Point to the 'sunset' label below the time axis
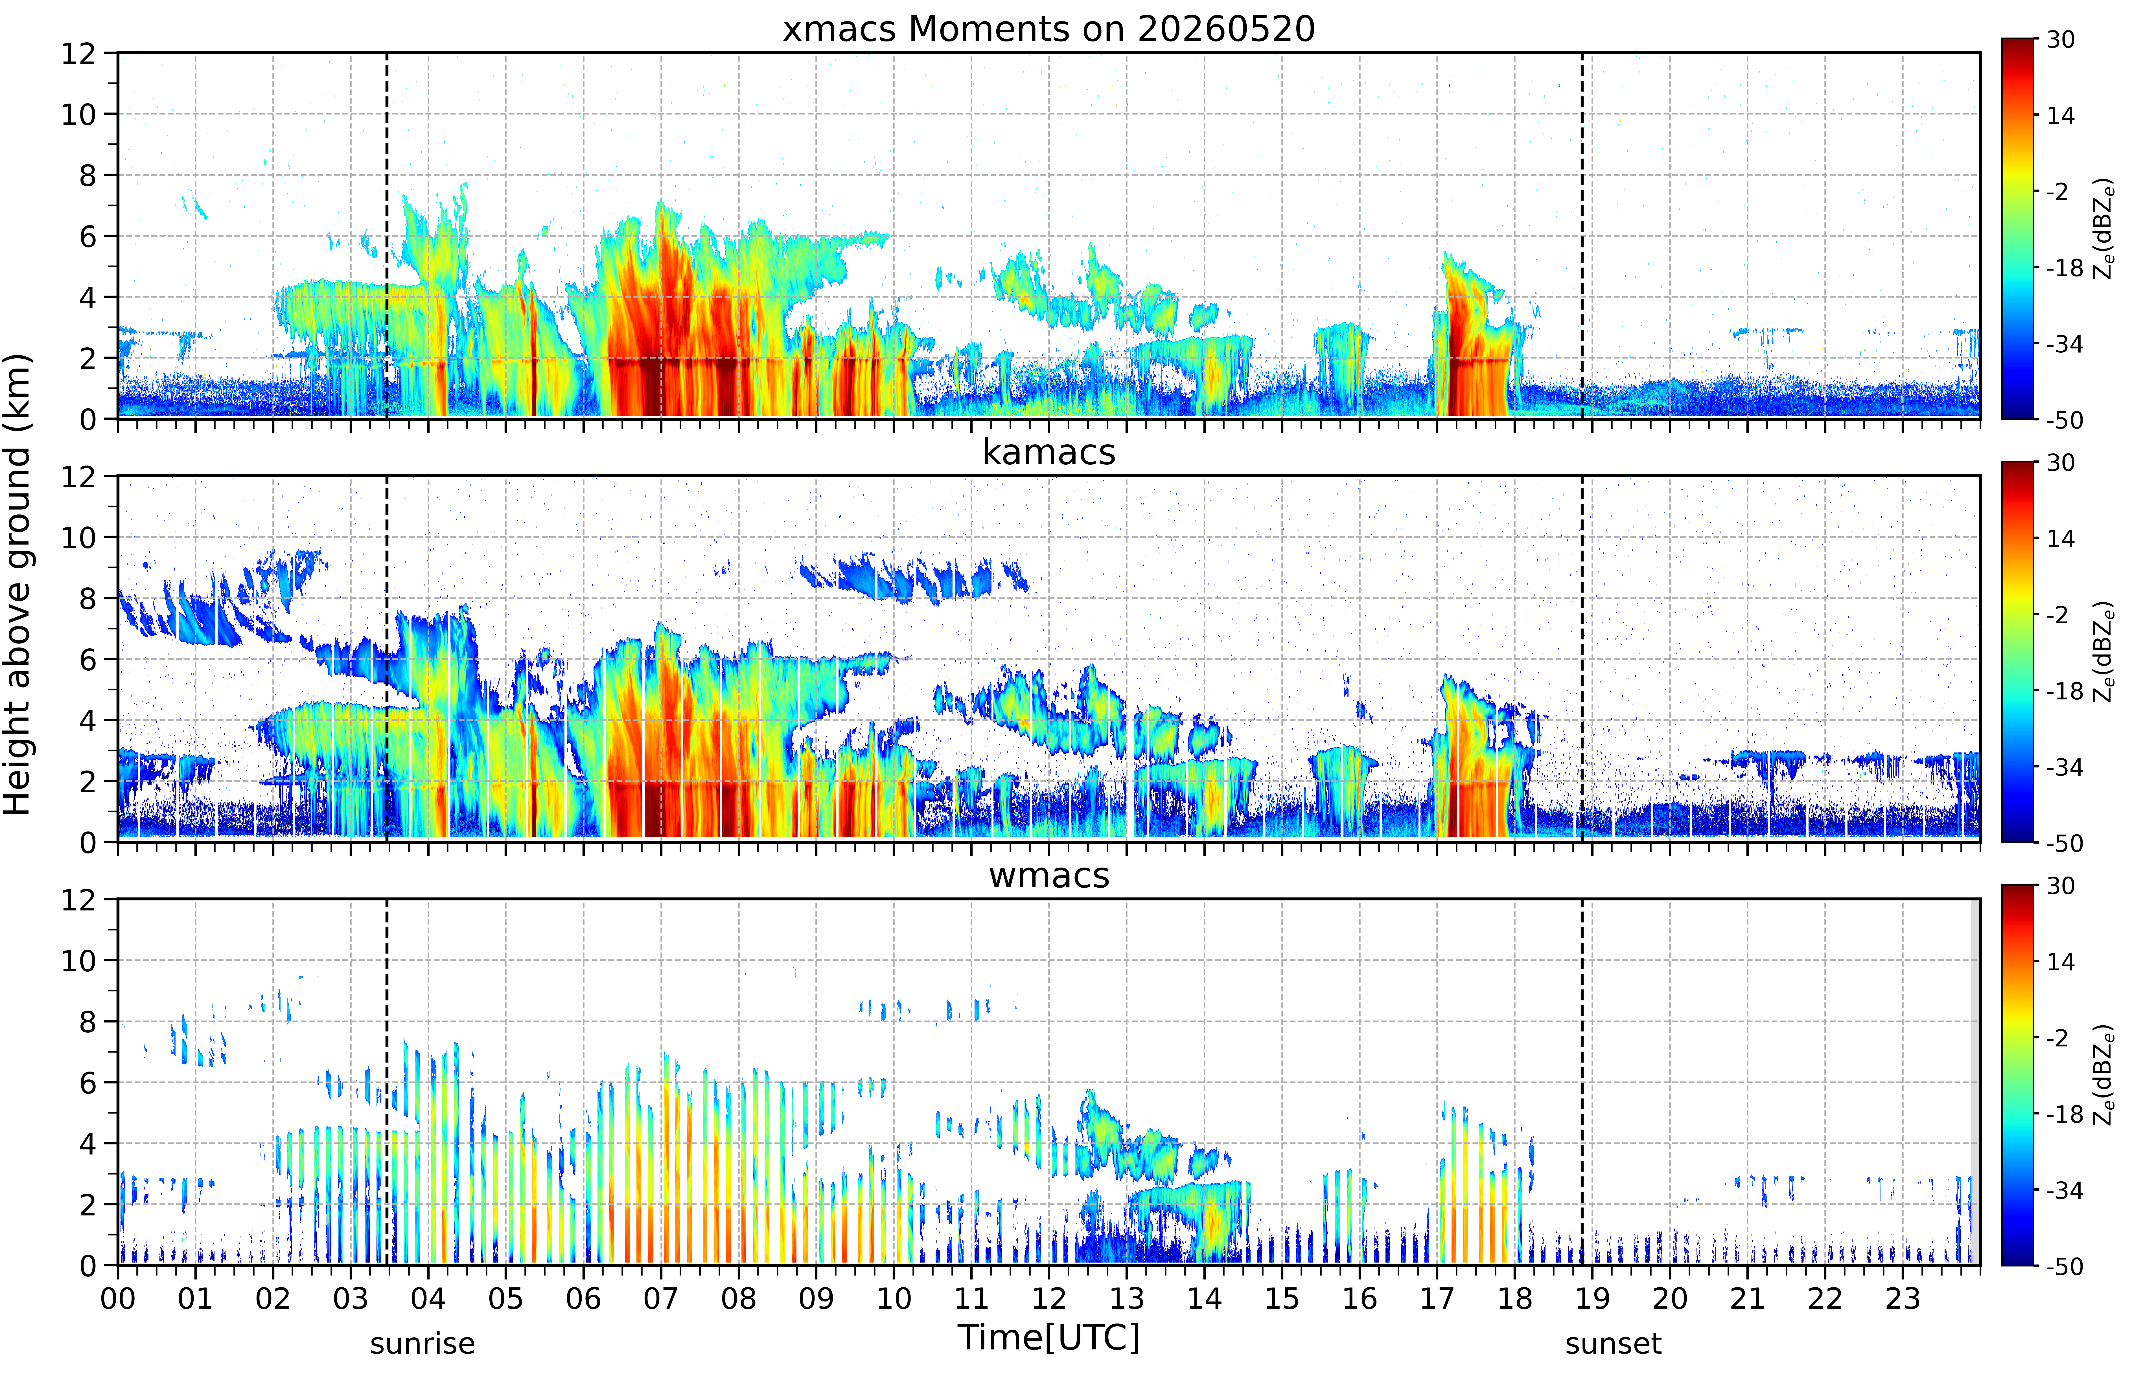point(1613,1343)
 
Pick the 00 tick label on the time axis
point(118,1298)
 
